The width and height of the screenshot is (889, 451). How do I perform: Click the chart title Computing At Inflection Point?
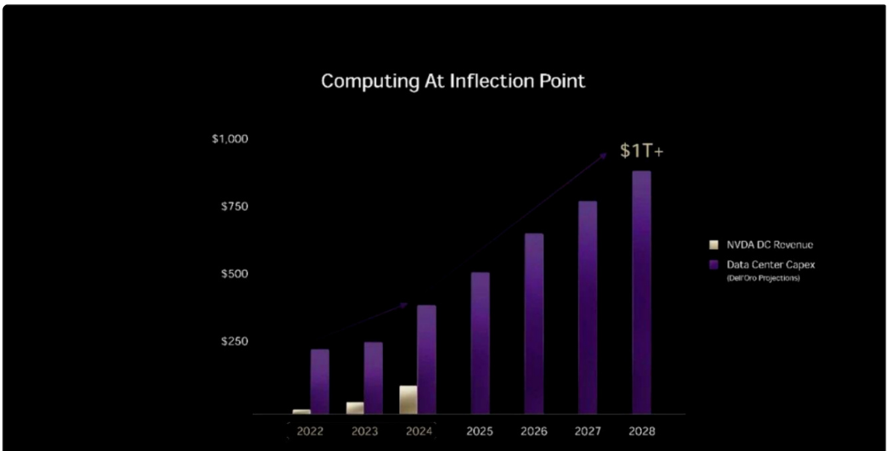[x=453, y=81]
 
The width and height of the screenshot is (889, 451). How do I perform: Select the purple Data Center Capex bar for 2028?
[x=641, y=293]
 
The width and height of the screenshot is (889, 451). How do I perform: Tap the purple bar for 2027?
[x=587, y=307]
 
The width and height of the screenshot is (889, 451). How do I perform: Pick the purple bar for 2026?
[x=533, y=324]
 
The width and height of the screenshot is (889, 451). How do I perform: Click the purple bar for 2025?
[x=480, y=343]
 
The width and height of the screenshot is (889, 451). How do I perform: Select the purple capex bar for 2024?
[x=426, y=360]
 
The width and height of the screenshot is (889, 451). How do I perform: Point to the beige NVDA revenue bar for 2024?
[x=408, y=400]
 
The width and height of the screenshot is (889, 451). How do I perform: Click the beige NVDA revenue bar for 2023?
[x=355, y=408]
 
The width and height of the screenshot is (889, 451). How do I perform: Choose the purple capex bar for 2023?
[x=373, y=378]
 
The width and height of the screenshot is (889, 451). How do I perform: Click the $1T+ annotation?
[x=642, y=152]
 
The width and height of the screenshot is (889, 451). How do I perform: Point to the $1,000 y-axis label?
[x=230, y=139]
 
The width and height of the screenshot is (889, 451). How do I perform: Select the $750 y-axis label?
[x=234, y=207]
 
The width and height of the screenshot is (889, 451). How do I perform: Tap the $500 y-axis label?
[x=234, y=274]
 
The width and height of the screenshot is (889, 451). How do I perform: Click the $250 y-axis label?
[x=234, y=341]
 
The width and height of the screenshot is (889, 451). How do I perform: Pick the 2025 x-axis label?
[x=479, y=432]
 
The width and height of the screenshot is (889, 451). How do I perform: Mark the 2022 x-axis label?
[x=310, y=432]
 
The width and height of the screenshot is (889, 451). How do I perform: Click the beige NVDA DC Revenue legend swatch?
[x=714, y=245]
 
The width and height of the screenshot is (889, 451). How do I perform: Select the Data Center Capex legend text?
[x=770, y=265]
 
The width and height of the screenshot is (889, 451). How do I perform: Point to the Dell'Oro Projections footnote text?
[x=763, y=278]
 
